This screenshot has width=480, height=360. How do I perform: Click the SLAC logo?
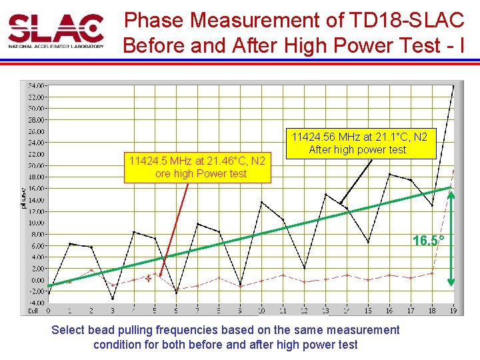tap(56, 31)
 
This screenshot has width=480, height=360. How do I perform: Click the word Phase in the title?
tap(155, 20)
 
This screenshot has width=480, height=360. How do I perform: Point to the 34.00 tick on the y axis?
tap(36, 86)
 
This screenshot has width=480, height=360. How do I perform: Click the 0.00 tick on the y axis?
tap(37, 280)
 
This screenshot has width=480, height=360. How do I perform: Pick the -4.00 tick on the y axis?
tap(36, 303)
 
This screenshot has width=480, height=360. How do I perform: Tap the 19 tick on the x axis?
tap(453, 311)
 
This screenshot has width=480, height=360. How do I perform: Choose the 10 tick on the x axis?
tap(261, 311)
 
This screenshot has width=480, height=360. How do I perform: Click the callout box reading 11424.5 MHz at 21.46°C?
tap(197, 167)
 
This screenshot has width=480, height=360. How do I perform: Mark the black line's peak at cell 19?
tap(453, 86)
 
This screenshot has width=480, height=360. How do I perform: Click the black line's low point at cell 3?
tap(112, 298)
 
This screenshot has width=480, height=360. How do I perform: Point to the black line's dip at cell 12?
tap(304, 268)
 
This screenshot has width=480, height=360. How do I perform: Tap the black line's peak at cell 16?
tap(390, 175)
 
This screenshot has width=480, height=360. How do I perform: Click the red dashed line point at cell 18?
tap(432, 273)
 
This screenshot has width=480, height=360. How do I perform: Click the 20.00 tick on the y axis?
tap(36, 165)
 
